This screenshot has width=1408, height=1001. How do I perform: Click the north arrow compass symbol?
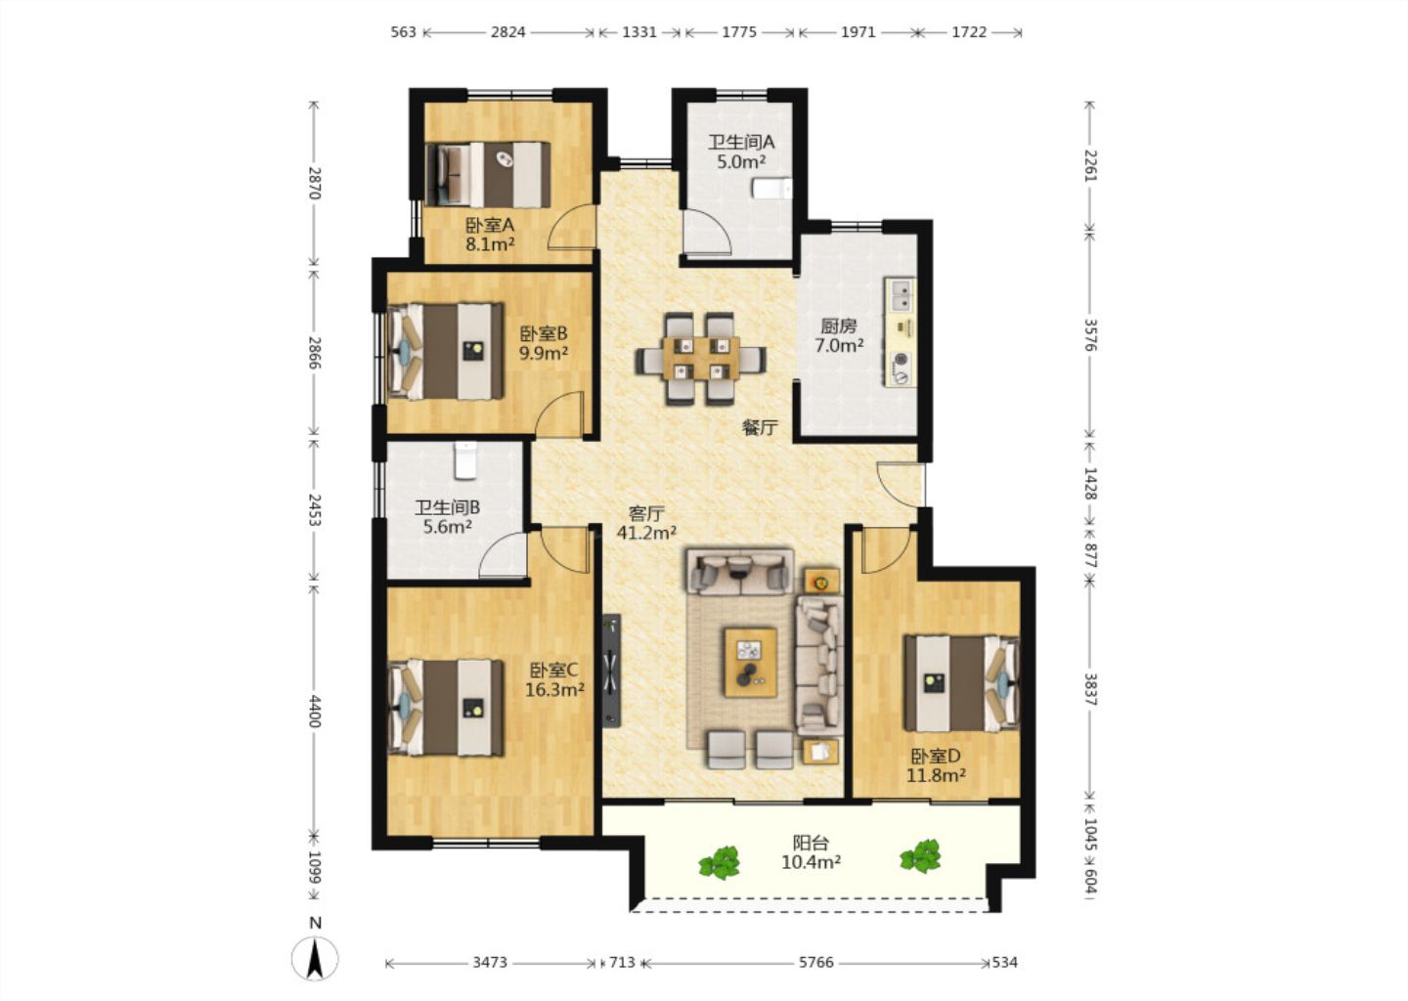[315, 959]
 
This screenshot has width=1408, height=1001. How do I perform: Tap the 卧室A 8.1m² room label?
[490, 235]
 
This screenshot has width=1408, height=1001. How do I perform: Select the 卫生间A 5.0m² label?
[742, 152]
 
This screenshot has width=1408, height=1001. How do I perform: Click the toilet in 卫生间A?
[771, 189]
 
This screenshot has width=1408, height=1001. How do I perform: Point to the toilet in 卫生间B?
[465, 460]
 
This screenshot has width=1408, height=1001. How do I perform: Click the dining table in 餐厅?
[701, 358]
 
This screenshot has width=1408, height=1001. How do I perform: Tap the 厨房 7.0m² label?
[839, 335]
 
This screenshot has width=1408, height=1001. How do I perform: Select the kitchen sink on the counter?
[901, 296]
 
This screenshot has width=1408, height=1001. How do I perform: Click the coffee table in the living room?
[750, 663]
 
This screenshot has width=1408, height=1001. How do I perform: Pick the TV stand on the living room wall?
[612, 671]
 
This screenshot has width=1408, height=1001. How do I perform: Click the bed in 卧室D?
[962, 683]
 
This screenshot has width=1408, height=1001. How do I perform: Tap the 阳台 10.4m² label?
[812, 852]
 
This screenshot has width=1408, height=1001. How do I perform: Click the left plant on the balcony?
[719, 862]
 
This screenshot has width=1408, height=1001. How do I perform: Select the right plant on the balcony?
[921, 856]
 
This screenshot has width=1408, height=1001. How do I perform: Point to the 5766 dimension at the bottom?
[815, 962]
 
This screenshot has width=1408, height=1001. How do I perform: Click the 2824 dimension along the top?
[507, 32]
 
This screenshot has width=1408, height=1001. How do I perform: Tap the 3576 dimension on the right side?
[1090, 335]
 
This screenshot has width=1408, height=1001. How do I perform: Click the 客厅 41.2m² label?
[647, 523]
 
